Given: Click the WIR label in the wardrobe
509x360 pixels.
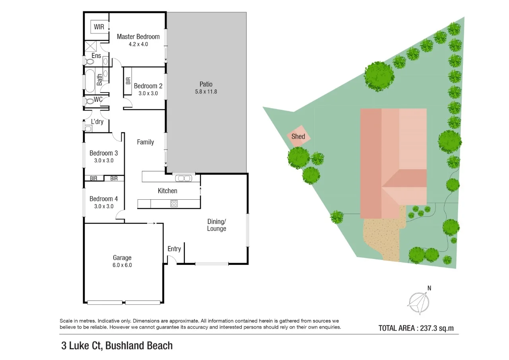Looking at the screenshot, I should click(x=99, y=27).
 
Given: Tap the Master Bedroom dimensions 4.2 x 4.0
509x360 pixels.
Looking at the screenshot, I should click(x=138, y=44).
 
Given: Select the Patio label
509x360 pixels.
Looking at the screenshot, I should click(x=206, y=84).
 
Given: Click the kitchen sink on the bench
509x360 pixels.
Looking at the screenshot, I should click(x=184, y=178).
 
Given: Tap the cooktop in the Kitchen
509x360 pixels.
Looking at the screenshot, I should click(x=174, y=204).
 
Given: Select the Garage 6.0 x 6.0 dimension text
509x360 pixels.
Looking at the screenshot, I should click(x=122, y=265).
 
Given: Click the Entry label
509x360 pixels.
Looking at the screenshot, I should click(x=174, y=249).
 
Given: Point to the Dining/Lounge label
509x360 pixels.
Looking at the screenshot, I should click(x=217, y=225).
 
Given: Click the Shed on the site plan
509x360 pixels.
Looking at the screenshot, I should click(x=298, y=136).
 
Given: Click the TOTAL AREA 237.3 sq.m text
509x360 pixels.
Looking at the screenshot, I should click(x=416, y=328).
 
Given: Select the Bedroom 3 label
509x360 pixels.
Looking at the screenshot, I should click(x=103, y=153).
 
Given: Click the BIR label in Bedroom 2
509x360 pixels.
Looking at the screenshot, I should click(x=128, y=81).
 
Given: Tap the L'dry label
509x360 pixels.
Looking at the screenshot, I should click(x=97, y=122).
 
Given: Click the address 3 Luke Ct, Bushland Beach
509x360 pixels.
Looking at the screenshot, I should click(x=117, y=346).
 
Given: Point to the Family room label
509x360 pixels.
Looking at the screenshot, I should click(x=145, y=142).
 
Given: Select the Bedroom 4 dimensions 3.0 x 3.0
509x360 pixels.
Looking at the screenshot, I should click(x=104, y=206).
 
